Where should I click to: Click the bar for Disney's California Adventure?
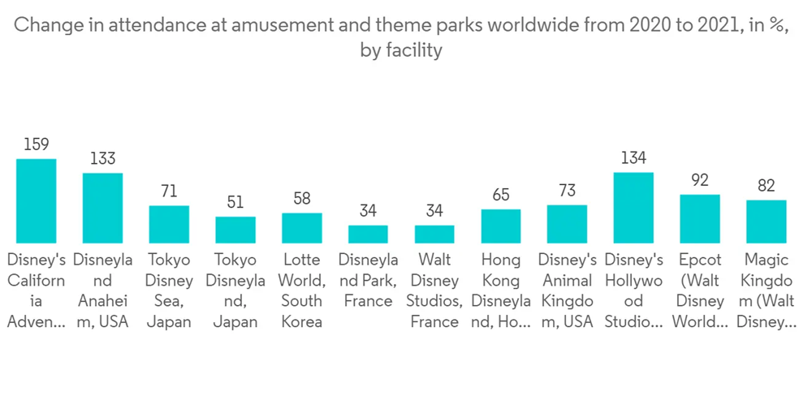point(37,200)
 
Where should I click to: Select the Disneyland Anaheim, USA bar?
point(103,208)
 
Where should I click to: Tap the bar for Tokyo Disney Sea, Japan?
point(169,224)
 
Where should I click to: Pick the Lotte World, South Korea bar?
point(302,228)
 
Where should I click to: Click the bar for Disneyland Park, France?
point(369,234)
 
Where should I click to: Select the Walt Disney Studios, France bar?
point(434,234)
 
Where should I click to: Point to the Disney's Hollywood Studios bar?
point(633,208)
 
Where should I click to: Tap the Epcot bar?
point(700,218)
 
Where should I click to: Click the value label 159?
point(37,144)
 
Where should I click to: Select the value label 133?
point(103,159)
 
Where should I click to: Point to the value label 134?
point(633,158)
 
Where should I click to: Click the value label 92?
point(700,180)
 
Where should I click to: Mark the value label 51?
point(235,202)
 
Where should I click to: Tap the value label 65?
point(501,195)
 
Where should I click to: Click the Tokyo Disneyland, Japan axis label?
point(235,291)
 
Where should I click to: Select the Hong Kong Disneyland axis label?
point(501,291)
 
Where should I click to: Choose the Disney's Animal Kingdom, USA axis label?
point(567,291)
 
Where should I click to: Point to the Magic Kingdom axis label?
point(766,291)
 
